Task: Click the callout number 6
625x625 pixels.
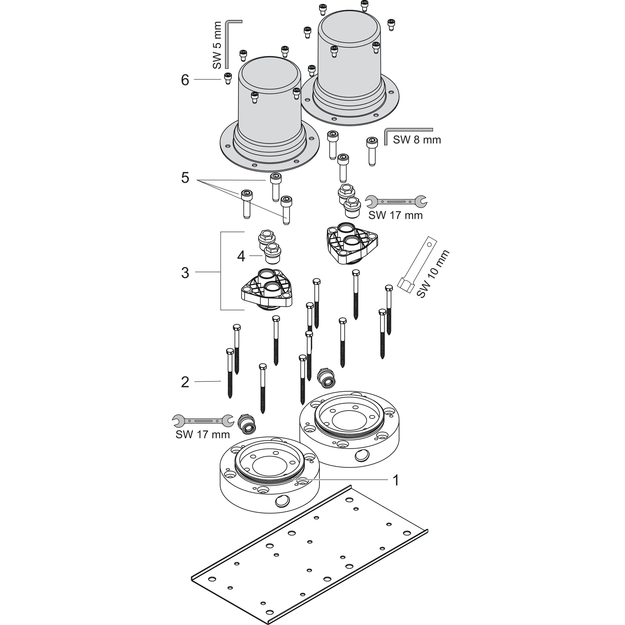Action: tap(185, 80)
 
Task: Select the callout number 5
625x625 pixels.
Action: tap(185, 178)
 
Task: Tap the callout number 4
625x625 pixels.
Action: tap(241, 256)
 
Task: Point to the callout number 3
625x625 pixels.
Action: tap(185, 273)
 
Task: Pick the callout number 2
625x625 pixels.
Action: tap(185, 382)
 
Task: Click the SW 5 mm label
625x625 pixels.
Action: tap(217, 45)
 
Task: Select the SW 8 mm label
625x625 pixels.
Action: tap(417, 140)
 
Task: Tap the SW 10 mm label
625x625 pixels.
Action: tap(433, 274)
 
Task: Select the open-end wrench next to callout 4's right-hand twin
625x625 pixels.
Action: tap(396, 202)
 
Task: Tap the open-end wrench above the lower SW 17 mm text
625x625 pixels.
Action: tap(203, 421)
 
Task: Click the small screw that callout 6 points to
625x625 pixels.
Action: tap(228, 78)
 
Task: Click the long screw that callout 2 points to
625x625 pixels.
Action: tap(230, 373)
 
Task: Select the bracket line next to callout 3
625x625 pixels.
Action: tap(221, 271)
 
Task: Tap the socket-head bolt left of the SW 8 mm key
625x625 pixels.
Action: tap(372, 151)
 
